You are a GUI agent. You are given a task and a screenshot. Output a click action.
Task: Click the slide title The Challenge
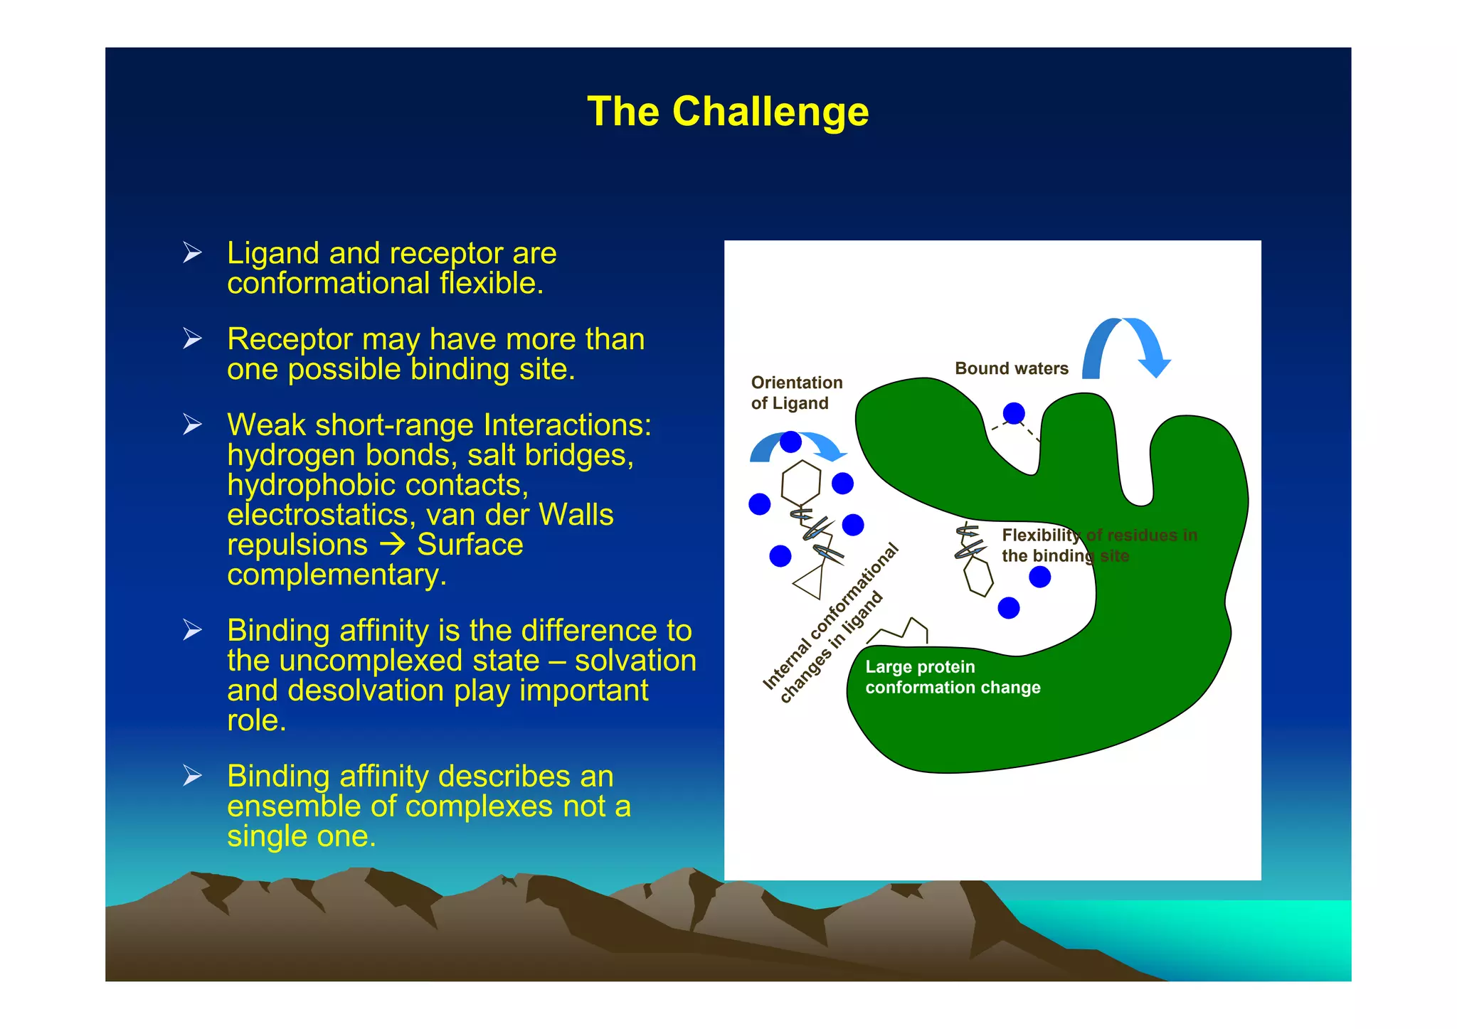728,112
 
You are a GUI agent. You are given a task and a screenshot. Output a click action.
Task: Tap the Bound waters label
1011,368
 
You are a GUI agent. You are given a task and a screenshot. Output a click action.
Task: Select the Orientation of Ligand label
796,393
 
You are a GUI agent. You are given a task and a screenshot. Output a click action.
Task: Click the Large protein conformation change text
952,677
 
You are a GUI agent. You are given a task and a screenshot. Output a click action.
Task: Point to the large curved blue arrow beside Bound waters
1126,346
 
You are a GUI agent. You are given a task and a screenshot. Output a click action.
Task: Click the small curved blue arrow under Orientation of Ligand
798,447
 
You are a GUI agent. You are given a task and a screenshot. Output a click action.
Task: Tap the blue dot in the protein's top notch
1014,413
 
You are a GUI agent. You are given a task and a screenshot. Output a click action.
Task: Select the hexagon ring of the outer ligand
801,484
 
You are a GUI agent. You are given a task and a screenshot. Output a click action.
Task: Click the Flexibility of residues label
1098,545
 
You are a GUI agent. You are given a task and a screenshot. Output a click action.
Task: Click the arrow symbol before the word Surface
392,545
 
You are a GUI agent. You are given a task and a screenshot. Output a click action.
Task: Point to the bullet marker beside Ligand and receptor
192,253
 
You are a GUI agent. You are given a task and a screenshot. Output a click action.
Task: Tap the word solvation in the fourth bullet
635,661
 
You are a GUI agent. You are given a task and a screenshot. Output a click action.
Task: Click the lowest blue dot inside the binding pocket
1009,608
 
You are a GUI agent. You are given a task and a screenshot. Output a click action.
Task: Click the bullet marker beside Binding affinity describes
192,776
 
